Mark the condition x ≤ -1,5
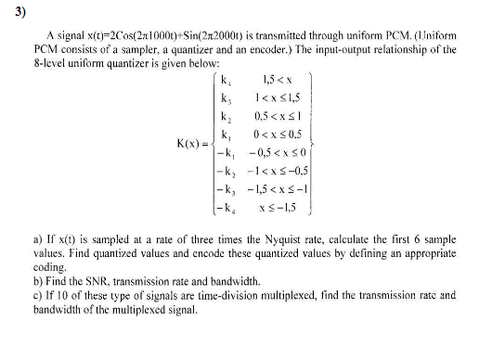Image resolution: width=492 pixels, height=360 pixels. click(x=280, y=203)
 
